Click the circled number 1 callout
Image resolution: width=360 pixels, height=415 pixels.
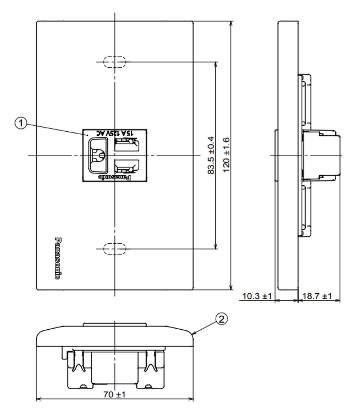[21, 123]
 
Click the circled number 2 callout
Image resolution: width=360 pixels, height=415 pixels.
[221, 319]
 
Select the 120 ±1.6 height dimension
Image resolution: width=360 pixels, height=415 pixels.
[226, 155]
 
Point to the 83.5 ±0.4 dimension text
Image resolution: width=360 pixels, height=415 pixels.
[211, 155]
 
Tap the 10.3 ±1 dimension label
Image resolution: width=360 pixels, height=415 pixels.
[257, 296]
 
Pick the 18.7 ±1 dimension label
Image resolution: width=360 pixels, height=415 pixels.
[317, 296]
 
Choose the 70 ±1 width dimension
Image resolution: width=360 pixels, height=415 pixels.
[114, 394]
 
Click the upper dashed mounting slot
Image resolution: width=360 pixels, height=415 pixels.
[114, 62]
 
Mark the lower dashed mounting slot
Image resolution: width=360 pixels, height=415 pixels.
[114, 249]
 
